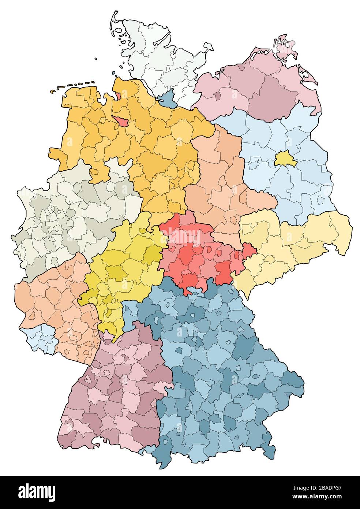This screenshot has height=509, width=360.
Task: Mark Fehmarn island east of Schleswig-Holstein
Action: [x=208, y=47]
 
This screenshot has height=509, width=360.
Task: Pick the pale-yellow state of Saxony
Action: [x=293, y=242]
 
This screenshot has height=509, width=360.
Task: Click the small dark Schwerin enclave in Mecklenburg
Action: [x=218, y=96]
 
